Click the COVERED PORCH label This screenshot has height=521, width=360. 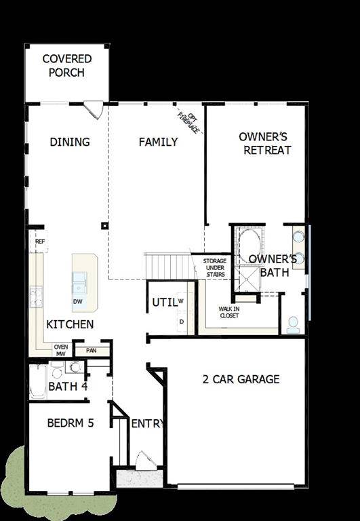[66, 66]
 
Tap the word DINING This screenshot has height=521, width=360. [70, 142]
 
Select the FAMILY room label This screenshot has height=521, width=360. [158, 142]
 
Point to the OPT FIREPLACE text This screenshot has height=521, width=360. [189, 121]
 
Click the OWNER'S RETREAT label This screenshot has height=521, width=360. [265, 143]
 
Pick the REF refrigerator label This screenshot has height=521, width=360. [40, 242]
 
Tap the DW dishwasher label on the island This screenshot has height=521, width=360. [79, 301]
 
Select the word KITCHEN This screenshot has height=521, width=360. [70, 324]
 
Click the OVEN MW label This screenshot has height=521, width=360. [61, 349]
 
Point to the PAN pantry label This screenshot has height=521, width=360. [88, 351]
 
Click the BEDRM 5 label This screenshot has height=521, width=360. [71, 423]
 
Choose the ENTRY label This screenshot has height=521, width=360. [147, 424]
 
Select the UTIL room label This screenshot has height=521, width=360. [163, 302]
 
